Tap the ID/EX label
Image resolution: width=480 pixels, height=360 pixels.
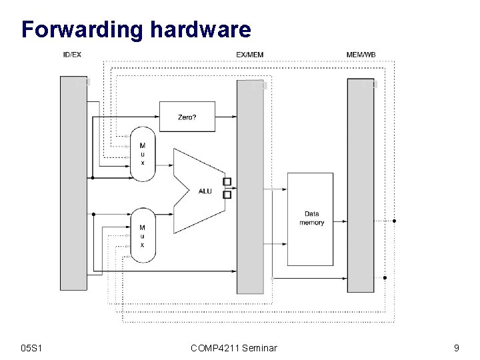click(x=72, y=54)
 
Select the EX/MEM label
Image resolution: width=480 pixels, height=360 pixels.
click(x=250, y=54)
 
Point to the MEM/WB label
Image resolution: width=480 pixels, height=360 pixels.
click(x=361, y=54)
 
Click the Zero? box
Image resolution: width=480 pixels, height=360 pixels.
click(x=187, y=117)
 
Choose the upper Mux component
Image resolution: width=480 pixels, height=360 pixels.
click(x=142, y=154)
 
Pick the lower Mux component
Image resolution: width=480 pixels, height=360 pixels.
click(x=142, y=235)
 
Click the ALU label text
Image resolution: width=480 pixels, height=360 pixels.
click(x=205, y=191)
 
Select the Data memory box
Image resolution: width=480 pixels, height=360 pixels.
click(x=310, y=219)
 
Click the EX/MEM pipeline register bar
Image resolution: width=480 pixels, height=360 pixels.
click(x=251, y=187)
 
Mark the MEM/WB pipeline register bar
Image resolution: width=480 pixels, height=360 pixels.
click(x=361, y=185)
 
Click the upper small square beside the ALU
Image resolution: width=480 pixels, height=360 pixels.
click(x=227, y=182)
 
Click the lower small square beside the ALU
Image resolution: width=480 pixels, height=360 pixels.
click(x=227, y=195)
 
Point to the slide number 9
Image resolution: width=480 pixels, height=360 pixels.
click(x=456, y=347)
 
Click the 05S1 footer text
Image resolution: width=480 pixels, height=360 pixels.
click(x=32, y=347)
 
